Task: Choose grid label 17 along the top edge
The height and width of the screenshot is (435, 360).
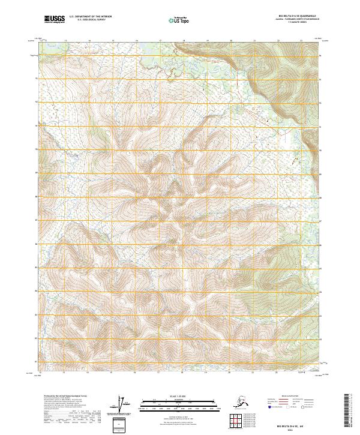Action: pos(160,40)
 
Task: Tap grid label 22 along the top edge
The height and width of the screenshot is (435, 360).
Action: pos(278,40)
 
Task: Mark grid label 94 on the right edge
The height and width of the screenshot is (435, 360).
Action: pos(320,56)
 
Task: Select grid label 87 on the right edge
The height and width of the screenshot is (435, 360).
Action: pos(320,221)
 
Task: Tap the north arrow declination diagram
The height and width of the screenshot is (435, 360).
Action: pos(125,404)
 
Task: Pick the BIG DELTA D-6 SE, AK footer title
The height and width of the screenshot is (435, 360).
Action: pos(292,424)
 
